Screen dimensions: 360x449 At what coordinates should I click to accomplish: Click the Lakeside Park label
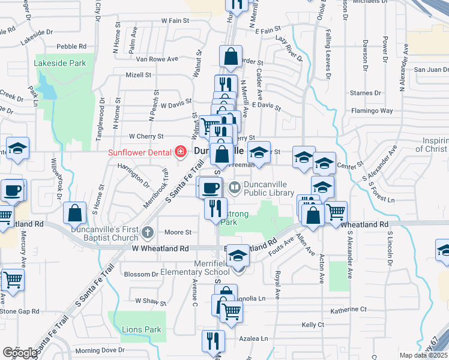pyautogui.click(x=59, y=63)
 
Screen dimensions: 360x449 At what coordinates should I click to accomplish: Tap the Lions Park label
pyautogui.click(x=142, y=329)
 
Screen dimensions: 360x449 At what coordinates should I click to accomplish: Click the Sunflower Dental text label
pyautogui.click(x=140, y=152)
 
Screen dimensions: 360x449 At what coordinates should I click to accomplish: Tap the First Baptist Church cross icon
pyautogui.click(x=148, y=231)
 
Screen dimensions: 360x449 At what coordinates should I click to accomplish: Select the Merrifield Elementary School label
pyautogui.click(x=204, y=268)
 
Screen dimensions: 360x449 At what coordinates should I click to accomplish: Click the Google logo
pyautogui.click(x=20, y=353)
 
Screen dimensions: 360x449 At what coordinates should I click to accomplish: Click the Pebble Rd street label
pyautogui.click(x=72, y=46)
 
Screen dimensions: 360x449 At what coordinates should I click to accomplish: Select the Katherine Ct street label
pyautogui.click(x=348, y=310)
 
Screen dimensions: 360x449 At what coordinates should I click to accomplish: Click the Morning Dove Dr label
pyautogui.click(x=100, y=350)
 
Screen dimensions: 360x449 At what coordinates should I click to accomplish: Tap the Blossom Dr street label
pyautogui.click(x=140, y=274)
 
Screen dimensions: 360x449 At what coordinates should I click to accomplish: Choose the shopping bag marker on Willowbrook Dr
pyautogui.click(x=74, y=212)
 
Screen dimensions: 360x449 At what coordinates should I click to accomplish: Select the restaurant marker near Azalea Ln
pyautogui.click(x=213, y=341)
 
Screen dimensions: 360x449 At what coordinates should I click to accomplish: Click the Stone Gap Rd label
pyautogui.click(x=19, y=311)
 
